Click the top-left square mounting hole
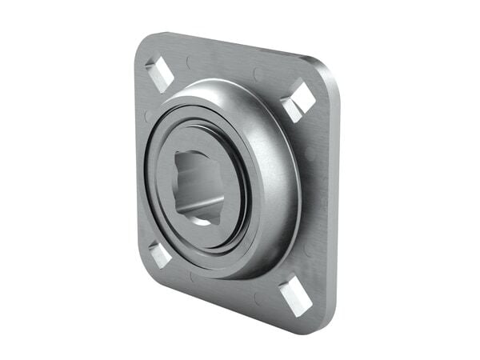pos(160,74)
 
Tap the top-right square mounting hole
pos(298,99)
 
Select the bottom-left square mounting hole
pos(159,254)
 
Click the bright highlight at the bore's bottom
pos(204,222)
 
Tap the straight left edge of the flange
pos(138,160)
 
